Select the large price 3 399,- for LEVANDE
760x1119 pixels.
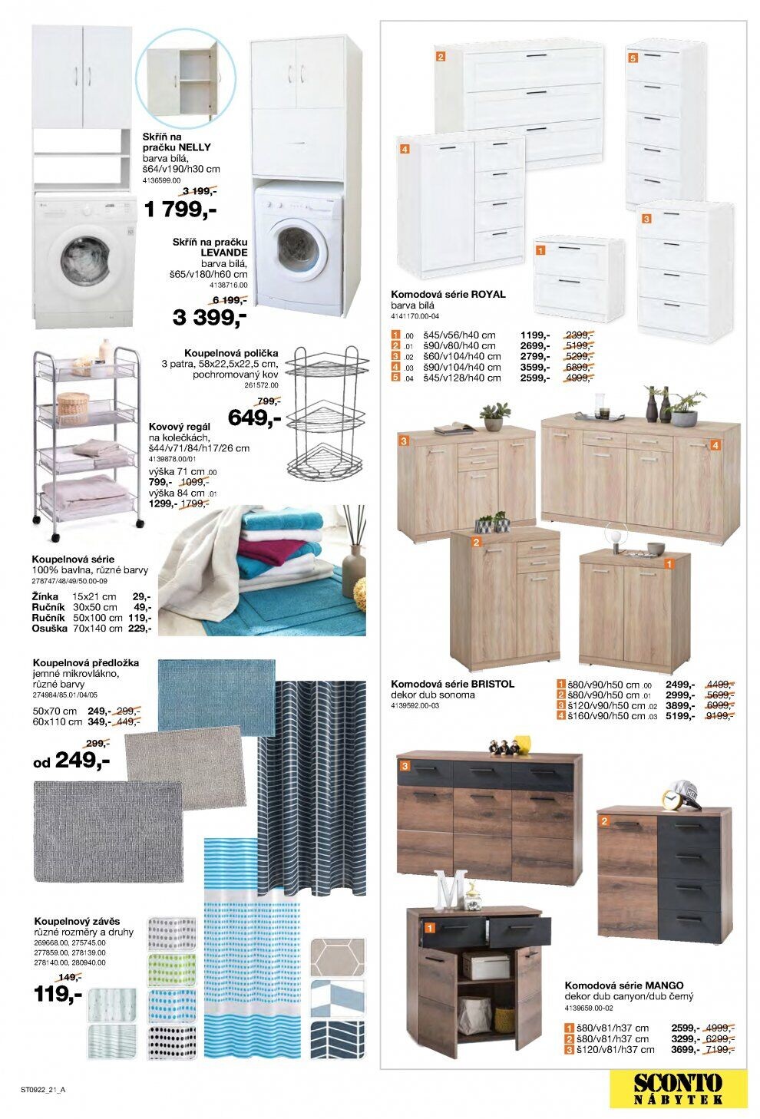point(209,316)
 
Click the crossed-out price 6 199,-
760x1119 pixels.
point(229,300)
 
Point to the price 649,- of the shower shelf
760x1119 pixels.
point(255,418)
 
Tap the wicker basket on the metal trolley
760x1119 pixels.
point(73,406)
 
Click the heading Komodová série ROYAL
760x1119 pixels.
point(448,294)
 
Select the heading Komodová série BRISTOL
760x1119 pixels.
point(452,683)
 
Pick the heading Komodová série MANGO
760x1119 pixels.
point(624,985)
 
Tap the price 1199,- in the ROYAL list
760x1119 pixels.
point(534,335)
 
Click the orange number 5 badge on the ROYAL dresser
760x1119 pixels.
point(633,58)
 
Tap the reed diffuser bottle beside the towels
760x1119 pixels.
point(354,562)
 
